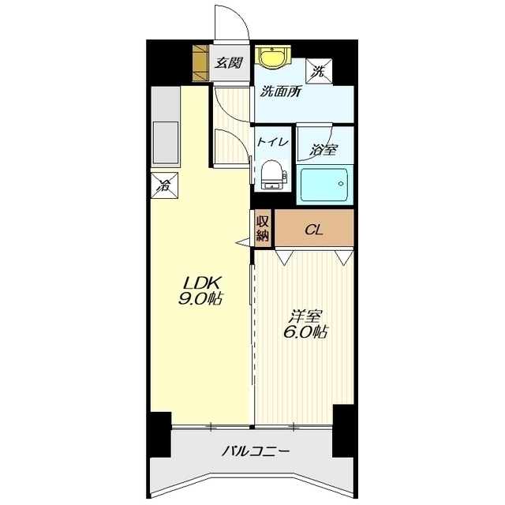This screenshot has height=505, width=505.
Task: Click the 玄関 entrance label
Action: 229,63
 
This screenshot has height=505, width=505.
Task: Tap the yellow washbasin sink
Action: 273,57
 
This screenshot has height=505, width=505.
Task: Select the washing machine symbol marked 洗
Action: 319,71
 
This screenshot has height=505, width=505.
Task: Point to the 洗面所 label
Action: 281,92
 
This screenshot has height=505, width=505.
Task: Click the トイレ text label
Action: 272,142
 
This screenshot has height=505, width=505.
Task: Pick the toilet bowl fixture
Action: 273,174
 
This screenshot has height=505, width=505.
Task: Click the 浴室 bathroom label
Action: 324,150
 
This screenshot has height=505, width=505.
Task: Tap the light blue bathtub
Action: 324,185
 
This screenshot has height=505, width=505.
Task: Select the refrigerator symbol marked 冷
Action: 165,186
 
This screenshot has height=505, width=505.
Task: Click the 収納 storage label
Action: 263,229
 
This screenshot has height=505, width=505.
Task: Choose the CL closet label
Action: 314,230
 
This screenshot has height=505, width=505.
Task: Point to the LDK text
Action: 201,283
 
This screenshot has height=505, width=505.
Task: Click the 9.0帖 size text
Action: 200,298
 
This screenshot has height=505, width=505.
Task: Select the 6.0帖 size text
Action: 305,331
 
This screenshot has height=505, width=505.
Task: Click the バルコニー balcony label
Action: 255,451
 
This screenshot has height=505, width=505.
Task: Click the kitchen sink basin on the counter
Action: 166,142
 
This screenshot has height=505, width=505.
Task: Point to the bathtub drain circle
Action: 341,184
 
